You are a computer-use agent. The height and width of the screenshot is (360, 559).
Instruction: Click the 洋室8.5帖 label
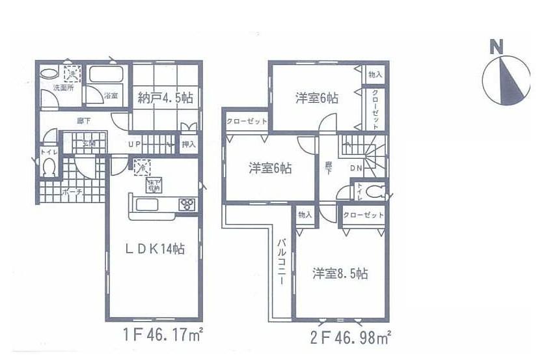[x=339, y=273]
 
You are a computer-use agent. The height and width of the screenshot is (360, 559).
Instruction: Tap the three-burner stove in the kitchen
[x=187, y=204]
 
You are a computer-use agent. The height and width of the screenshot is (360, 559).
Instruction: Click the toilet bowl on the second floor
[x=375, y=193]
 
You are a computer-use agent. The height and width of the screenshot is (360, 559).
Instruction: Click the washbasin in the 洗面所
[x=49, y=74]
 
